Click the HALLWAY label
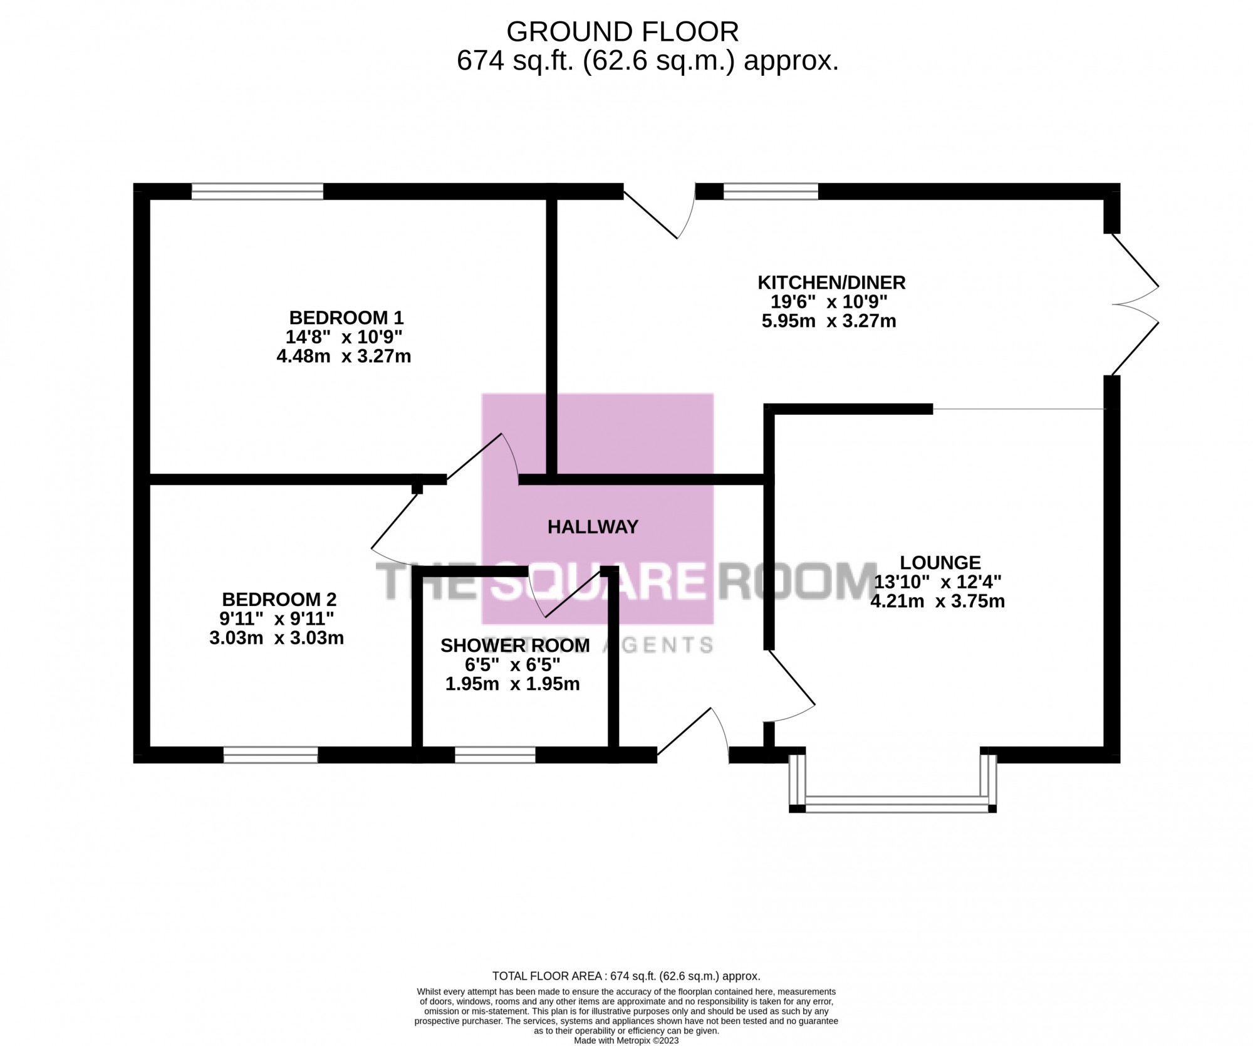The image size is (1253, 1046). pos(593,527)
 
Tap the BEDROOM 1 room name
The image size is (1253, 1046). pos(346,317)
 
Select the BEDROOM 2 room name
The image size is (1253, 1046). pos(279,599)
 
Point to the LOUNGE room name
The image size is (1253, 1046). pos(940,562)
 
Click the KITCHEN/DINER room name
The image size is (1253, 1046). pos(832,282)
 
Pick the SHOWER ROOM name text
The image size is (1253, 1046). pos(515,646)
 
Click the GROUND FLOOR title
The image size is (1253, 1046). pos(623,31)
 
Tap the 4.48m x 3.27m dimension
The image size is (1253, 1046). pos(343,357)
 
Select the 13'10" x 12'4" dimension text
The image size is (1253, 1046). pos(938,582)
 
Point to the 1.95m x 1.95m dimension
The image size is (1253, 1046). pos(512,684)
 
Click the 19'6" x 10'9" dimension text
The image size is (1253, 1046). pos(829,302)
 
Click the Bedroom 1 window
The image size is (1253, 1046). pos(257,191)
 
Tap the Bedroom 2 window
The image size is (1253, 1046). pos(271,755)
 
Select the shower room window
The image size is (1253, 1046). pos(495,755)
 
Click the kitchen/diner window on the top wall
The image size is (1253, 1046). pos(771,191)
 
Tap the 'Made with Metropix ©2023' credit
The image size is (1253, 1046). pos(626,1040)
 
